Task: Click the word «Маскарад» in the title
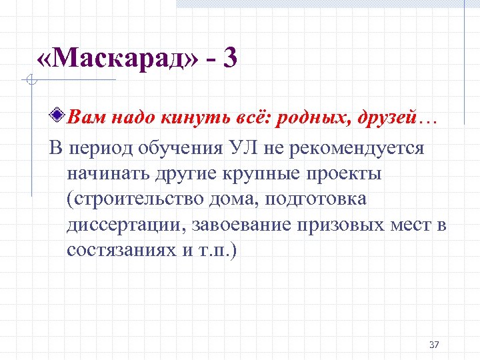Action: click(119, 60)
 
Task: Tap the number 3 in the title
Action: click(230, 60)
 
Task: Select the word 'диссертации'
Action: click(125, 224)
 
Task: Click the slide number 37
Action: click(434, 345)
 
